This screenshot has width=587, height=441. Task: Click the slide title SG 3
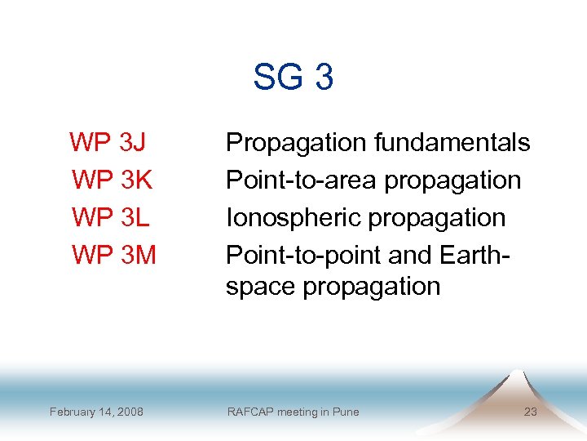293,78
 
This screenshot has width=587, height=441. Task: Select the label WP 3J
108,142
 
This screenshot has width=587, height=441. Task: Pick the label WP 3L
108,217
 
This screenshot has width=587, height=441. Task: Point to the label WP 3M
113,255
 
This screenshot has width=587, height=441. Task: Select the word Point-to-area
301,180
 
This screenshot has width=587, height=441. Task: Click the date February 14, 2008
96,412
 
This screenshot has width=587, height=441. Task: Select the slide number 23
530,412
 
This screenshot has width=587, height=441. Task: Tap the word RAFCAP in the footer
249,412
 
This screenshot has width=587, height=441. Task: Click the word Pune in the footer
345,412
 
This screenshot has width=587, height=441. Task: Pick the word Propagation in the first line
297,142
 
